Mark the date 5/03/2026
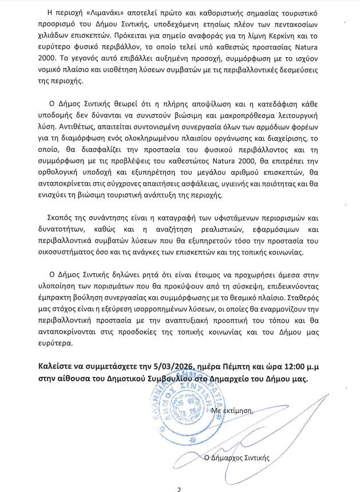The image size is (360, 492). [175, 367]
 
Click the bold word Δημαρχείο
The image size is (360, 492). [230, 379]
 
